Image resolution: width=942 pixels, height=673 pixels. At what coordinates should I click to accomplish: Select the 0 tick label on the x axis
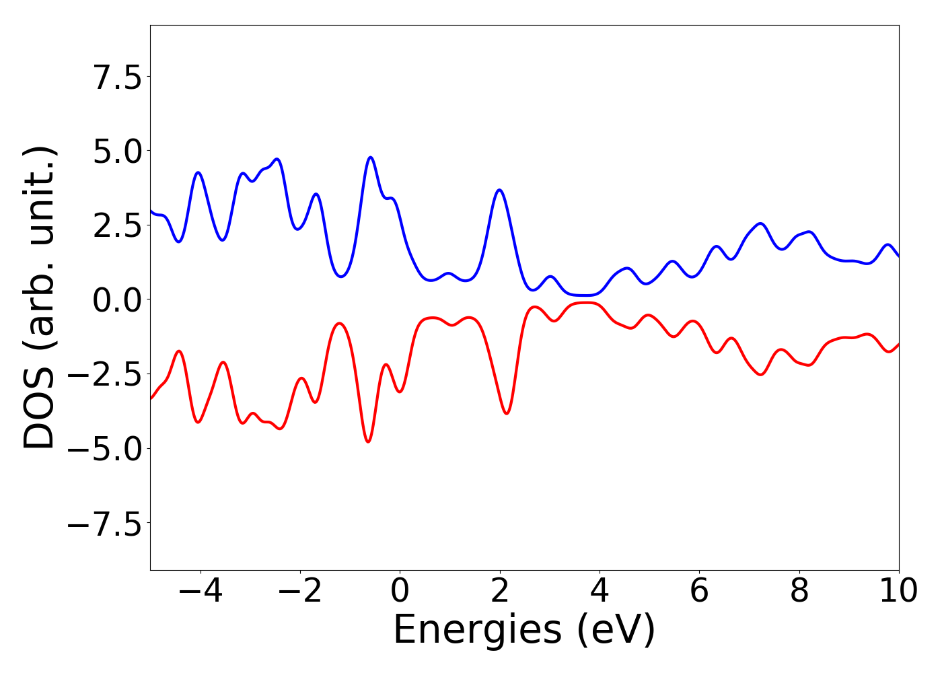click(400, 592)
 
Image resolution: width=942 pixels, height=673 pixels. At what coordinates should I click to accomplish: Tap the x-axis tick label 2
click(499, 592)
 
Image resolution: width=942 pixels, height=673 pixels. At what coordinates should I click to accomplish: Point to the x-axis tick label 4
click(599, 592)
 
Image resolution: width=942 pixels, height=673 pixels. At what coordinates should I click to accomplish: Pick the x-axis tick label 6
click(699, 592)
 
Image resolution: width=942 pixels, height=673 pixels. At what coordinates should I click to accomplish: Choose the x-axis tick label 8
click(799, 592)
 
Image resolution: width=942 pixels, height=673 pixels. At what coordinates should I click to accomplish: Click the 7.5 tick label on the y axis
click(117, 79)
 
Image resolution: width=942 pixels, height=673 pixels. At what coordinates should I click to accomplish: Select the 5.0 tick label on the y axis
click(117, 153)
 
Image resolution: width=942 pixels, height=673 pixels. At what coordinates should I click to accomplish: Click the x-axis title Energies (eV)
click(524, 631)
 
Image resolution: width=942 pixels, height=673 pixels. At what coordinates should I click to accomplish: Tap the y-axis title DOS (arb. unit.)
click(40, 297)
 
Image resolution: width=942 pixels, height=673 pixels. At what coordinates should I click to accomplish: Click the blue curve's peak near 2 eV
click(499, 190)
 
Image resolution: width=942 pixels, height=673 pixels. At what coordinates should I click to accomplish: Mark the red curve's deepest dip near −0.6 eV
click(368, 441)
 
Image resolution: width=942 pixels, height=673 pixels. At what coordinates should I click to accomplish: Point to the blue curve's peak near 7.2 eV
click(760, 223)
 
